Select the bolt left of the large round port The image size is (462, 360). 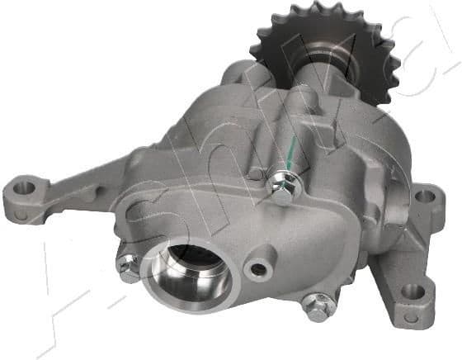[x=127, y=266]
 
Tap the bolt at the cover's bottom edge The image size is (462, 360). [x=315, y=306]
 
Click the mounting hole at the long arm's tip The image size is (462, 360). [x=26, y=187]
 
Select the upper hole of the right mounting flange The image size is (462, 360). [x=425, y=197]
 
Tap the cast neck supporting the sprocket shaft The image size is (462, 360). [x=305, y=103]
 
